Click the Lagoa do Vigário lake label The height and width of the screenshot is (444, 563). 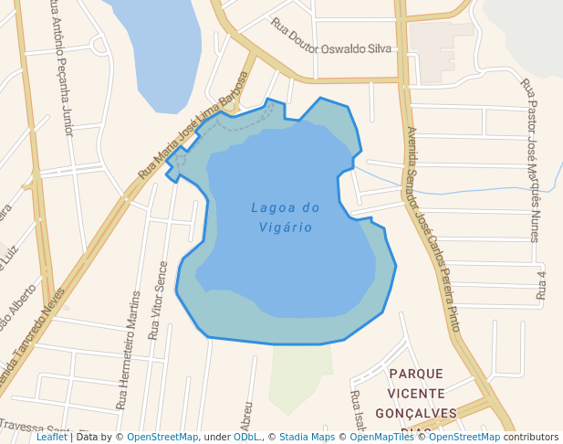(286, 217)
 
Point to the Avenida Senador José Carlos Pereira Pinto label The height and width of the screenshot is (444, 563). (433, 228)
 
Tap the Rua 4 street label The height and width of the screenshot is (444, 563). (541, 285)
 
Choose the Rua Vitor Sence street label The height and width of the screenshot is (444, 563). (158, 286)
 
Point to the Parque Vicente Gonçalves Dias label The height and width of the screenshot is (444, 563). (416, 394)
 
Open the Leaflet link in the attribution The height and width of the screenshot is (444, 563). (52, 438)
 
